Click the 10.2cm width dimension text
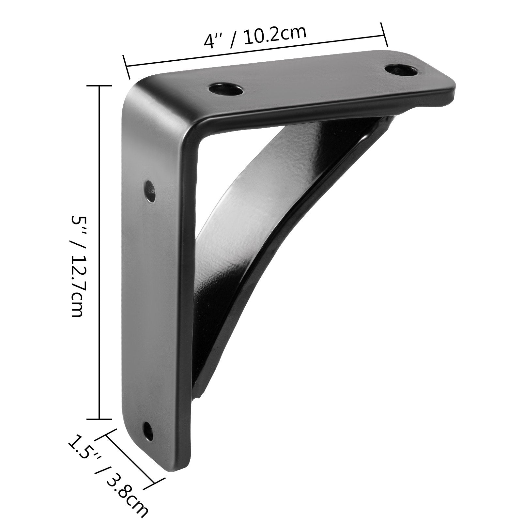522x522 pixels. click(x=274, y=35)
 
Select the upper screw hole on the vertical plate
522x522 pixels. click(x=150, y=191)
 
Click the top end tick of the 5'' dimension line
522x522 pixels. click(x=99, y=85)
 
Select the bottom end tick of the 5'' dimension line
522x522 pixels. click(x=99, y=419)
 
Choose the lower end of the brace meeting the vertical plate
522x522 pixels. click(x=199, y=391)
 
